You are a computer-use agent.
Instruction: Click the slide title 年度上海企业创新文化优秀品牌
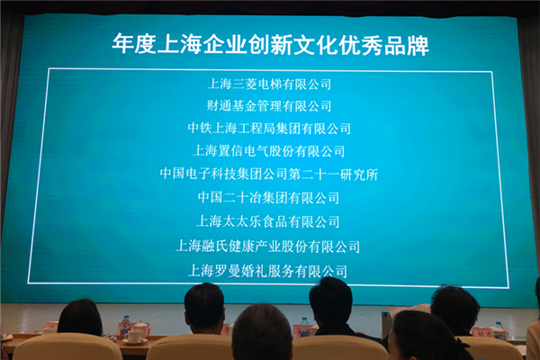point(271,45)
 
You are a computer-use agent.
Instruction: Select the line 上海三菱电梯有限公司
point(269,84)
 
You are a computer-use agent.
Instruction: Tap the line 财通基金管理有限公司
point(269,106)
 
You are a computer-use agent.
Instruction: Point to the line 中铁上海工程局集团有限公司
point(269,129)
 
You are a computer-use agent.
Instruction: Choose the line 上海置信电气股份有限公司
point(268,151)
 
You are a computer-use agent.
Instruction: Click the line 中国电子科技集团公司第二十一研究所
point(269,175)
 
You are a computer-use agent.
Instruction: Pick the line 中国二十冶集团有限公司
point(268,198)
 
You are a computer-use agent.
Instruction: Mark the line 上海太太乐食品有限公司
point(268,221)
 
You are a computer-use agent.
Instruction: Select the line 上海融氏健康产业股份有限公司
point(268,247)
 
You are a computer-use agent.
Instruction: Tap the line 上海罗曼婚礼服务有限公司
point(267,271)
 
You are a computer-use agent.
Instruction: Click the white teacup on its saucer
point(133,337)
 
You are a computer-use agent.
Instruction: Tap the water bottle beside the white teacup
point(125,325)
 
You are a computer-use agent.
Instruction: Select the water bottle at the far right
point(499,331)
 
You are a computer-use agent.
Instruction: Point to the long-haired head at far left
point(81,318)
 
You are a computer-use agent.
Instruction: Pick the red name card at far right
point(482,333)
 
